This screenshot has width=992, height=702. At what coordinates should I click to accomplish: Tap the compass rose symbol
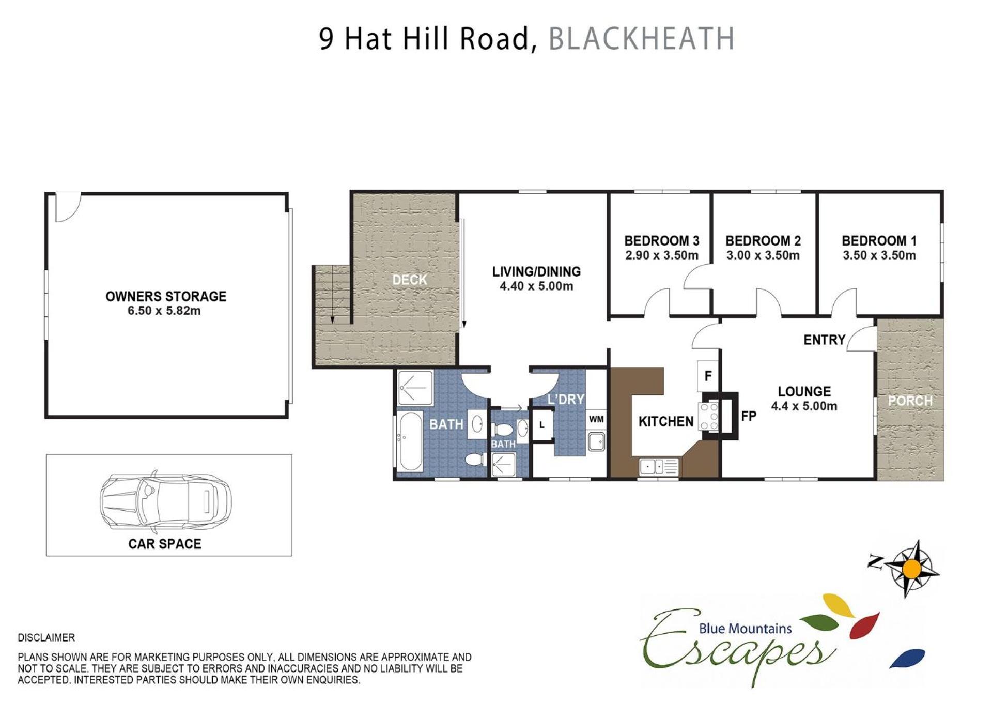[x=911, y=569]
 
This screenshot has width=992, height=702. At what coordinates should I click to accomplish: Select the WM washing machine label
[x=596, y=419]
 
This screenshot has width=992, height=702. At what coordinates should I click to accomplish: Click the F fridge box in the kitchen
[x=708, y=376]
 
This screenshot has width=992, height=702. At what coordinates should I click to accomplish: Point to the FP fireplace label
[x=749, y=416]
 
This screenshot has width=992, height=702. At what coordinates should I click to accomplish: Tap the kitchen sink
[x=659, y=467]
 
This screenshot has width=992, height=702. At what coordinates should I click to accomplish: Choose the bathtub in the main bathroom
[x=411, y=441]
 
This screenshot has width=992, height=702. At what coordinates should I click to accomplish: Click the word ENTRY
[x=824, y=340]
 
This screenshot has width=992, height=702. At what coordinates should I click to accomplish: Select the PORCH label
[x=910, y=401]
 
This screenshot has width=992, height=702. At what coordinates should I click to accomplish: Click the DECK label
[x=409, y=280]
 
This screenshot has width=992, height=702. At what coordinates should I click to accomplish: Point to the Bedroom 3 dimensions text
[x=661, y=255]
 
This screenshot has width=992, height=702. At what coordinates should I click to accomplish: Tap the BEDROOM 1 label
[x=879, y=240]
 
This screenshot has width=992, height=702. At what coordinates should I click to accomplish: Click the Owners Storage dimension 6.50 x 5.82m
[x=164, y=311]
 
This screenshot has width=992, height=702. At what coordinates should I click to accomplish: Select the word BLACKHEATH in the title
[x=641, y=39]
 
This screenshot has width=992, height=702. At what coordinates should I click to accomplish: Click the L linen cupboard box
[x=541, y=424]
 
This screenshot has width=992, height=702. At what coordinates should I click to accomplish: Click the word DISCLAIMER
[x=46, y=638]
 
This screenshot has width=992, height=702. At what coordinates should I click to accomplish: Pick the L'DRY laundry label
[x=566, y=399]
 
